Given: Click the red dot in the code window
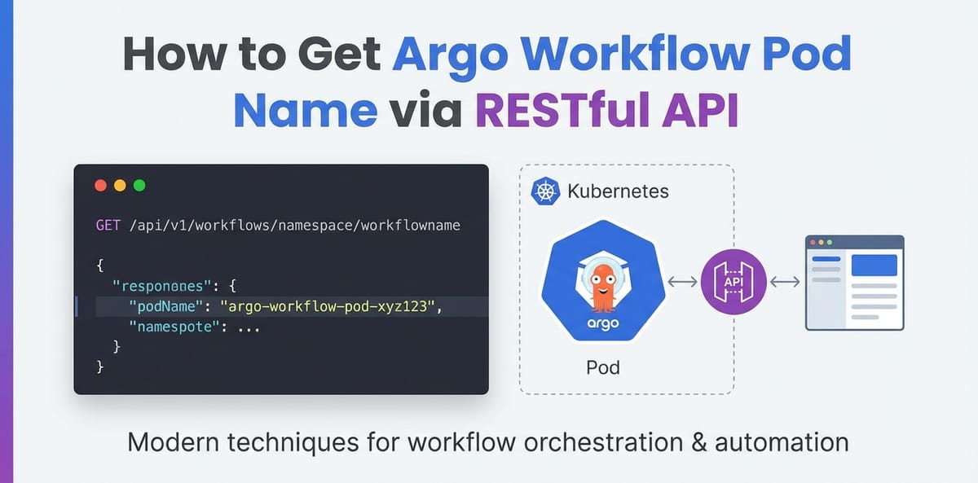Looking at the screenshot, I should coord(101,185).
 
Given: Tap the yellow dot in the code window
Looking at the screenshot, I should coord(120,185).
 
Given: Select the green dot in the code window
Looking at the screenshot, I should coord(139,185).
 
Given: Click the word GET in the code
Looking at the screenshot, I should coord(108,225).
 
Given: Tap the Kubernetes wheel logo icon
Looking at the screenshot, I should coord(544,192).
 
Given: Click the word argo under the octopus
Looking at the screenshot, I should coord(603,323).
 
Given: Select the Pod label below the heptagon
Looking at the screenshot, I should coord(603,367).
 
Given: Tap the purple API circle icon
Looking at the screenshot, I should coord(733,282).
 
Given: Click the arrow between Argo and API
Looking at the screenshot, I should coord(681,282).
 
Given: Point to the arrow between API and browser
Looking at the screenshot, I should coord(784,282).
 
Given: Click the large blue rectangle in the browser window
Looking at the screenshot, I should coord(874,266).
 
